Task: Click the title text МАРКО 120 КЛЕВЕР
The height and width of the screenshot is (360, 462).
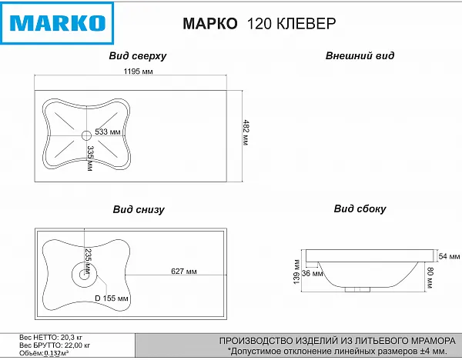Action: (x=259, y=23)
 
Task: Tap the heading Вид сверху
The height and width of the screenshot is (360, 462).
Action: (x=139, y=56)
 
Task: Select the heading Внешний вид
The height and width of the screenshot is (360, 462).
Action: (x=360, y=56)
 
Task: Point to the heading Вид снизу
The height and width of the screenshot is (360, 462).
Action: (x=139, y=208)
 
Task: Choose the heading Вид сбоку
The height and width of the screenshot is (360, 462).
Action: (x=360, y=208)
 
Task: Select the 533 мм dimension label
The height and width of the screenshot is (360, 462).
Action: (x=108, y=133)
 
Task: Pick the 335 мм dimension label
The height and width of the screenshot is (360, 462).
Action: (x=91, y=156)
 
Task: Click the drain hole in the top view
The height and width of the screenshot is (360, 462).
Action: (x=85, y=136)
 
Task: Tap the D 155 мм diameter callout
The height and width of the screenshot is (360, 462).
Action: (x=111, y=298)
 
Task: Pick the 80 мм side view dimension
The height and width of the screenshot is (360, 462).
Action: (x=431, y=275)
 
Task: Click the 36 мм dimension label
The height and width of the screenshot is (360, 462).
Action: (x=312, y=273)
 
